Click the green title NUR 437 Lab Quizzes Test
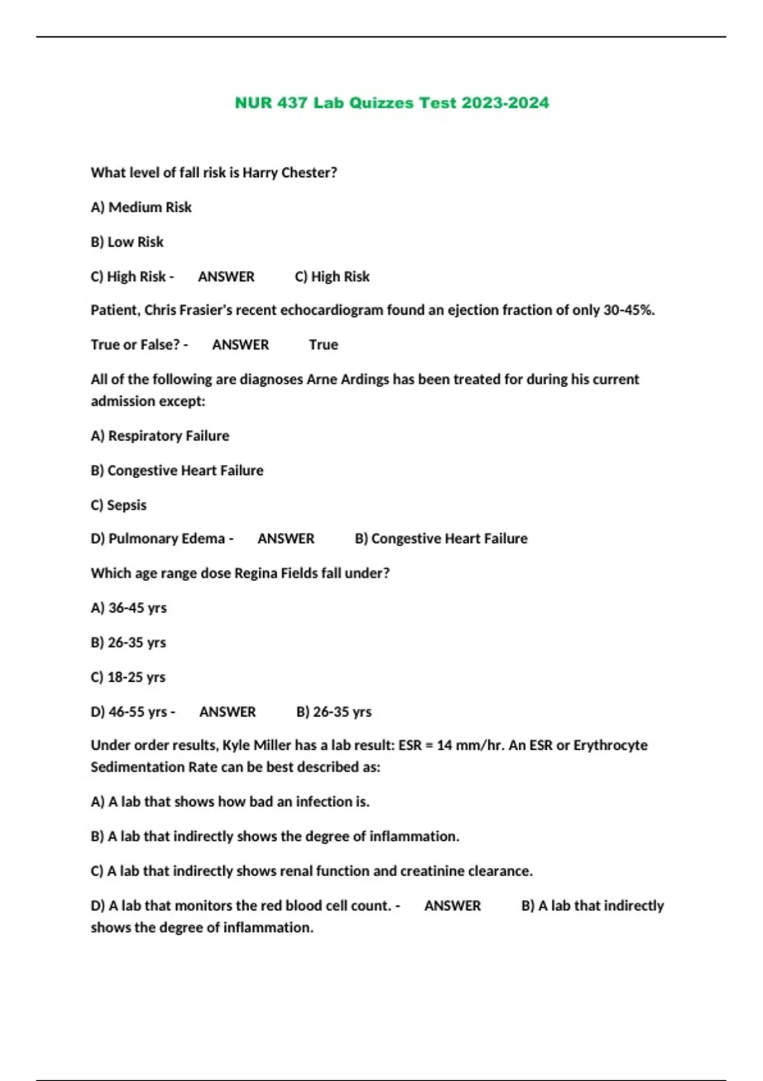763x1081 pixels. coord(392,103)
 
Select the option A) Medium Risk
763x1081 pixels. coord(141,207)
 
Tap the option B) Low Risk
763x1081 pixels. coord(127,242)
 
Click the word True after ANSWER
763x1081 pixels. coord(323,345)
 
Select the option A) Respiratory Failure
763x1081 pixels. coord(160,436)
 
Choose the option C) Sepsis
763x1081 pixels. coord(119,506)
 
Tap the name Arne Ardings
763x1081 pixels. coord(348,380)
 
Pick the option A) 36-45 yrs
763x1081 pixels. coord(128,609)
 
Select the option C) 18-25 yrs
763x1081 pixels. coord(128,678)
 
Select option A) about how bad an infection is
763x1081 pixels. coord(230,802)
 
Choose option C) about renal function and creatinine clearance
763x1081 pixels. coord(312,871)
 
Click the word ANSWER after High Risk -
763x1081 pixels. coord(226,277)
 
